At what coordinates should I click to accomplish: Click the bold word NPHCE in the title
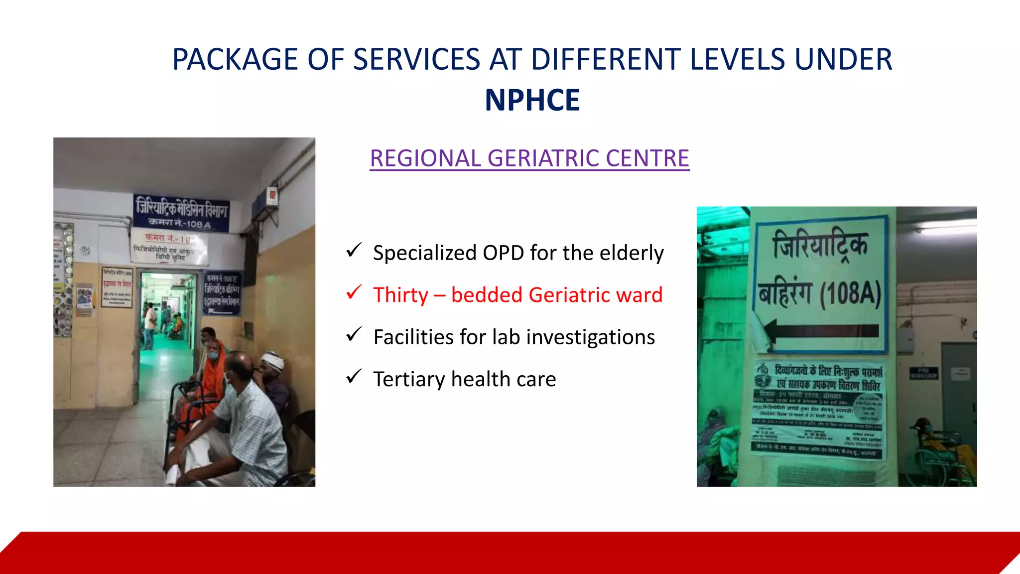[x=532, y=100]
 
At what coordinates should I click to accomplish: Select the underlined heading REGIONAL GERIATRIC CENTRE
[x=529, y=158]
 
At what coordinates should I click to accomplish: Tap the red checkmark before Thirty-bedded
[x=354, y=292]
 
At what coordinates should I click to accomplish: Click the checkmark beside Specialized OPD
[x=354, y=250]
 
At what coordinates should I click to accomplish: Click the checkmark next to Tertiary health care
[x=354, y=377]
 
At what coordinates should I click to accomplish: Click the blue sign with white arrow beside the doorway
[x=222, y=294]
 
